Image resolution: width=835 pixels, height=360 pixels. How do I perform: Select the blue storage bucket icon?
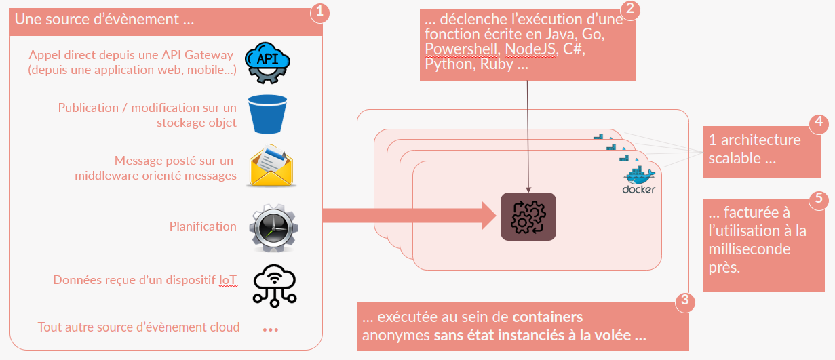tap(269, 114)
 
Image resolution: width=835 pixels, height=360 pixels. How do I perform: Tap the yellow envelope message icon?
tap(272, 167)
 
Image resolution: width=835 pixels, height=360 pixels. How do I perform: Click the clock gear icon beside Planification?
tap(273, 227)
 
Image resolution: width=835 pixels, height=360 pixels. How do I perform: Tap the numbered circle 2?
tap(631, 10)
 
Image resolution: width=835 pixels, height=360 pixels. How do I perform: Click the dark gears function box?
tap(528, 217)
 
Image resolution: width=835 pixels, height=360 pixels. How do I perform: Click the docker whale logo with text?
tap(638, 180)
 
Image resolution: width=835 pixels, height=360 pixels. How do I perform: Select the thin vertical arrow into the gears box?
tap(528, 136)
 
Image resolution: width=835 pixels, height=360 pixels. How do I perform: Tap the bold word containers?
tap(547, 317)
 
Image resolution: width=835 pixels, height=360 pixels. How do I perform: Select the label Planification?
tap(203, 226)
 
